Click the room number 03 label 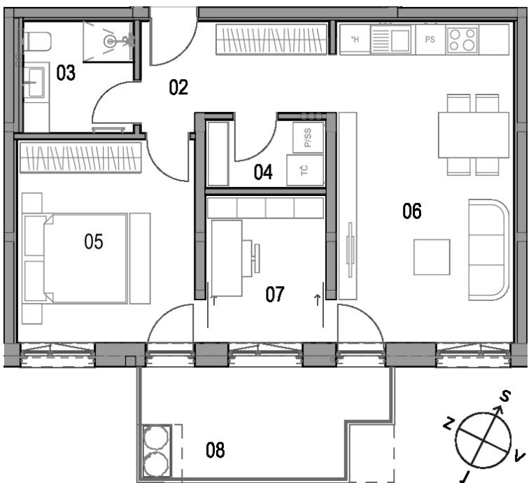[x=66, y=73]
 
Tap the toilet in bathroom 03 [x=37, y=41]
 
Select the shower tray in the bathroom [x=108, y=42]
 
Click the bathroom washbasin [x=36, y=83]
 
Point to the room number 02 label [x=178, y=87]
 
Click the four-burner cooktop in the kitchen [x=462, y=40]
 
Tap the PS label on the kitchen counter [x=430, y=40]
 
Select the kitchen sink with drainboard [x=391, y=40]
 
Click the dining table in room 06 [x=474, y=135]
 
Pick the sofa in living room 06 [x=488, y=250]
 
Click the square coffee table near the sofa [x=432, y=257]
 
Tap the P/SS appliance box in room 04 [x=308, y=137]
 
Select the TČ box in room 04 [x=305, y=170]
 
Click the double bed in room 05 [x=76, y=258]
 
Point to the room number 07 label [x=275, y=294]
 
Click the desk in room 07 [x=227, y=258]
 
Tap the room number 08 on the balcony [x=215, y=450]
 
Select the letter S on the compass [x=505, y=396]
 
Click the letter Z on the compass [x=448, y=423]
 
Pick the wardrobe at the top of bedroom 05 [x=80, y=157]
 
